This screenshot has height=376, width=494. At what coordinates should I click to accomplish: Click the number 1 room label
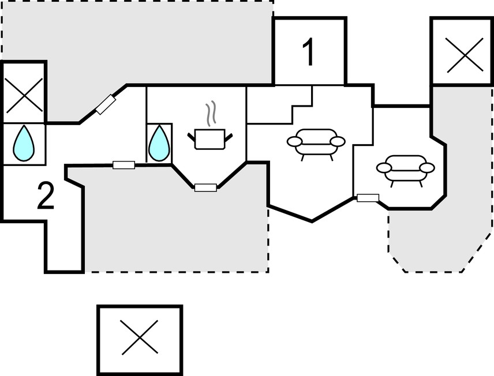[308, 52]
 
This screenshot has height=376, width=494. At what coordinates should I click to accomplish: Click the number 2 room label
[46, 195]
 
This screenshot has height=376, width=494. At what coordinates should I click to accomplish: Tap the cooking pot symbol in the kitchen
[210, 139]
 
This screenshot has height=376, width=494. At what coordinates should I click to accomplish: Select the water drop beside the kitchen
[159, 144]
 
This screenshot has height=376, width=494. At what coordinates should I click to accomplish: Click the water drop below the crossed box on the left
[24, 143]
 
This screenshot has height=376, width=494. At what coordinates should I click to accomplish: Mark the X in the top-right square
[465, 55]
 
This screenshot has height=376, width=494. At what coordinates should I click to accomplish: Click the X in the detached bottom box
[139, 337]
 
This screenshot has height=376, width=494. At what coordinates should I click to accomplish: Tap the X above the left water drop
[24, 95]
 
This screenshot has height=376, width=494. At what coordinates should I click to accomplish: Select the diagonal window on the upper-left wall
[106, 104]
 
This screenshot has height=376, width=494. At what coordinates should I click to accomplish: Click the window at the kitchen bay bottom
[205, 187]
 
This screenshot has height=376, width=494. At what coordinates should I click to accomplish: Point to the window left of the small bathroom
[124, 165]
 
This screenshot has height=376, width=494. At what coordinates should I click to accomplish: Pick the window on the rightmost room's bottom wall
[368, 198]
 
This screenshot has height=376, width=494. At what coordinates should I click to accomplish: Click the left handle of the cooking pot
[192, 136]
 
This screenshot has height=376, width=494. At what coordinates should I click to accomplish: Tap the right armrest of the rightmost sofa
[428, 168]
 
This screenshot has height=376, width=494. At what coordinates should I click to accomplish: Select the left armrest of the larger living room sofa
[294, 141]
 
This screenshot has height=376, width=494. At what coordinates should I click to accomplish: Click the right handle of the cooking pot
[229, 136]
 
